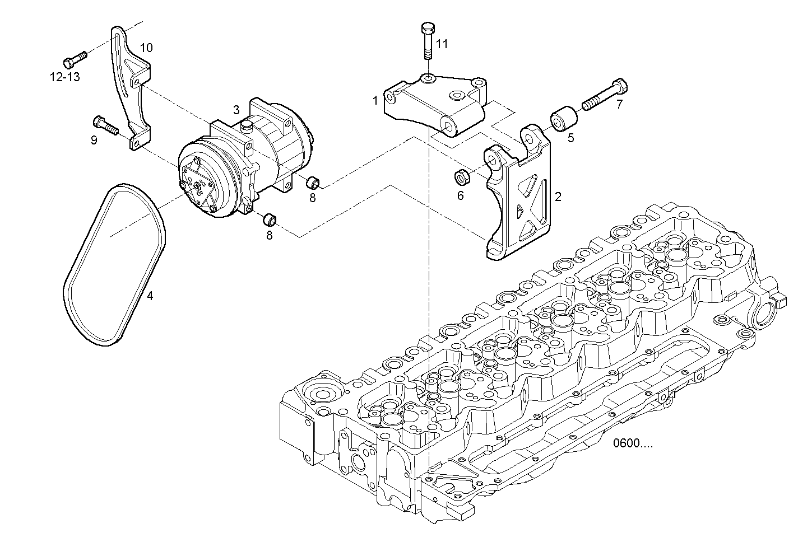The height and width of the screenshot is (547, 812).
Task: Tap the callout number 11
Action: coord(442,44)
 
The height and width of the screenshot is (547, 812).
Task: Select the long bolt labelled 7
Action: coord(605,96)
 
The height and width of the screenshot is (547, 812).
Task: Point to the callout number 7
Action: coord(619,104)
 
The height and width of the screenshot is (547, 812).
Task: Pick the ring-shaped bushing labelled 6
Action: coord(463,176)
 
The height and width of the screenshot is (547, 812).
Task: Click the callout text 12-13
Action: coord(65,77)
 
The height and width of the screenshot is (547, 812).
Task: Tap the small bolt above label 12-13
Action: coord(75,57)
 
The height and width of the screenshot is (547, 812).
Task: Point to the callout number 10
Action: coord(146,48)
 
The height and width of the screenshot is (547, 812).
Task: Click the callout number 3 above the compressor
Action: coord(236,109)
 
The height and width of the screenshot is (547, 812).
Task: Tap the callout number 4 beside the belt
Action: coord(150,295)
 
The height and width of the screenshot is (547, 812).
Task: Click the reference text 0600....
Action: coord(633,444)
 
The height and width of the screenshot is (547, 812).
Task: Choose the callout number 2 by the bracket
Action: coord(558,197)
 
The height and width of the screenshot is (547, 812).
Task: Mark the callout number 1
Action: coord(375,101)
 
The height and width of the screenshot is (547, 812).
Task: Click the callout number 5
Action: coord(570,138)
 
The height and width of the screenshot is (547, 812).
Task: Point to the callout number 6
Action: coord(461,195)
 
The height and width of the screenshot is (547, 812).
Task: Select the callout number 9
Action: coord(94,139)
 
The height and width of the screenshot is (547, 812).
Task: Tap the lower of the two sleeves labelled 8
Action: coord(271,218)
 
